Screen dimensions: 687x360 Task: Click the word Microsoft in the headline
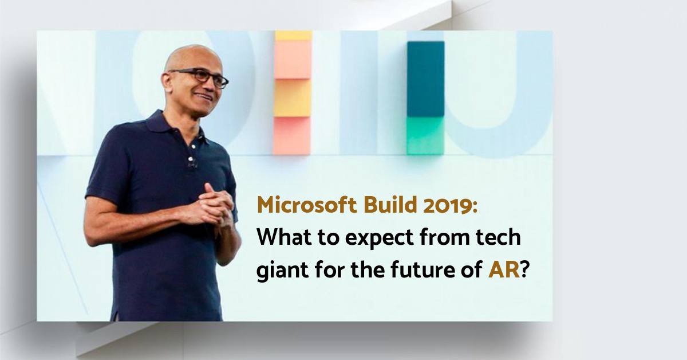[x=307, y=205]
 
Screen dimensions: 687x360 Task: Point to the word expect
[x=380, y=239]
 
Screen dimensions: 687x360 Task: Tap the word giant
[x=282, y=271]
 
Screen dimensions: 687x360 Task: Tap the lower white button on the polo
[x=191, y=159]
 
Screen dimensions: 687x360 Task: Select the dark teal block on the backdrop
[x=426, y=79]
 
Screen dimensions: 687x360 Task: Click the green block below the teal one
[x=425, y=136]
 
